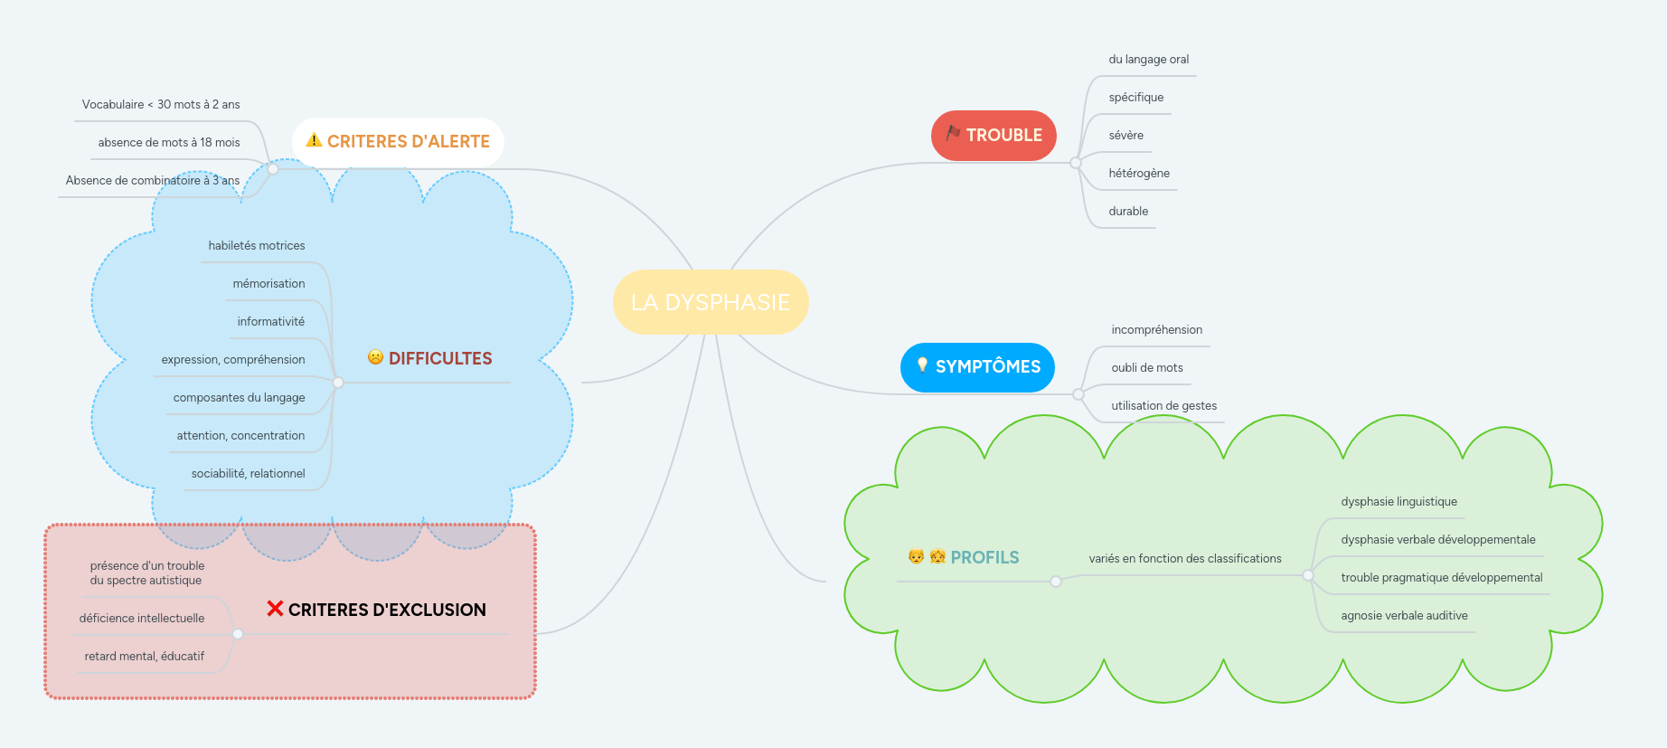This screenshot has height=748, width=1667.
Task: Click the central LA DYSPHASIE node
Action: tap(711, 302)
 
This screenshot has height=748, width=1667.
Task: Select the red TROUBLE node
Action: tap(994, 136)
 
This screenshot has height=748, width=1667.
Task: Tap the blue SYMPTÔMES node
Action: tap(977, 367)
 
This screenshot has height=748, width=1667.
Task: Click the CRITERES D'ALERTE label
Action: tap(408, 142)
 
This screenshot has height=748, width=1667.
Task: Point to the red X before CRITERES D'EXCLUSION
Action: tap(275, 609)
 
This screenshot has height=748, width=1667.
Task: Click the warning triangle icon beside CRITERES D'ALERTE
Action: tap(314, 140)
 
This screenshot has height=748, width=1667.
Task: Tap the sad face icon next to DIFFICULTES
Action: tap(375, 357)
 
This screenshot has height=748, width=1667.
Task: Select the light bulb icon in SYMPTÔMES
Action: tap(922, 365)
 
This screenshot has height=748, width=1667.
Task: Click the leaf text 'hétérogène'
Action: tap(1138, 174)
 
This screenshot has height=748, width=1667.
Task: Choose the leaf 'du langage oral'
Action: tap(1148, 60)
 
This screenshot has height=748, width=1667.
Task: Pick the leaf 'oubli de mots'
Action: tap(1146, 368)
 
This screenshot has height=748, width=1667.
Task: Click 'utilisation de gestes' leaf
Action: tap(1163, 406)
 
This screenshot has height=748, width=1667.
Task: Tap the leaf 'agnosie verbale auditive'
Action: tap(1404, 616)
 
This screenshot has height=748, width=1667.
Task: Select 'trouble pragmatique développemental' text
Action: tap(1441, 578)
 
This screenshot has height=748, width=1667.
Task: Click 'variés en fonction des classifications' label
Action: tap(1184, 559)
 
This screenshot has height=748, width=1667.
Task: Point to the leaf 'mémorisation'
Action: tap(268, 284)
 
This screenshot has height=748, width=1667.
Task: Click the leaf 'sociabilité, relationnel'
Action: tap(248, 474)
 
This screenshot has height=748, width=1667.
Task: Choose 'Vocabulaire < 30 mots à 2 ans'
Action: tap(161, 105)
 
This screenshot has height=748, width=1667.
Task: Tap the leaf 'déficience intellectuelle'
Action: tap(142, 619)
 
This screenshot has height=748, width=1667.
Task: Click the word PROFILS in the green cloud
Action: tap(984, 558)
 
